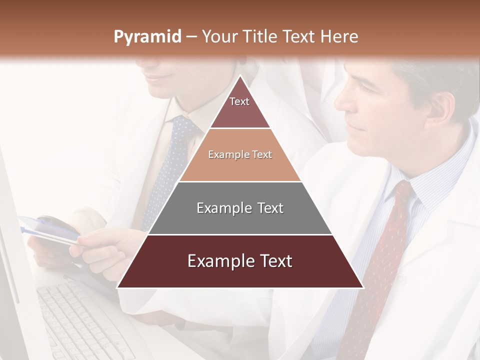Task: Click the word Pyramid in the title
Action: (147, 37)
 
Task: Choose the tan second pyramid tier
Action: (239, 155)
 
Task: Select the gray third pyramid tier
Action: (240, 208)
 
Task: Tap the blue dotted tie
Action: (167, 170)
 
